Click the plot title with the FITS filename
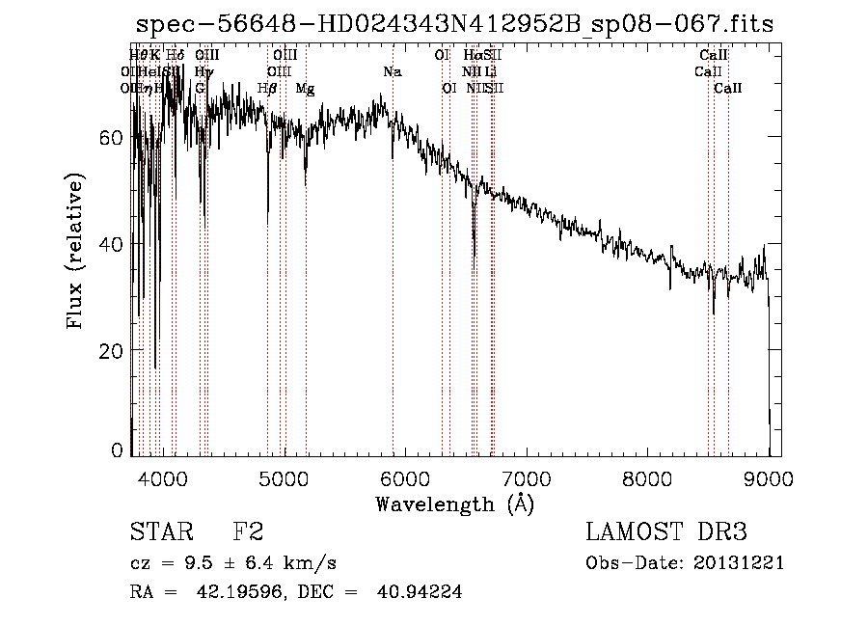[453, 23]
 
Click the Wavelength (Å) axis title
[454, 504]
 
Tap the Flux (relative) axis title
[75, 251]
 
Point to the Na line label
[393, 72]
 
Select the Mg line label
[305, 89]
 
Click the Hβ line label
[267, 89]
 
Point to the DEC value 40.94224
[421, 592]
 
